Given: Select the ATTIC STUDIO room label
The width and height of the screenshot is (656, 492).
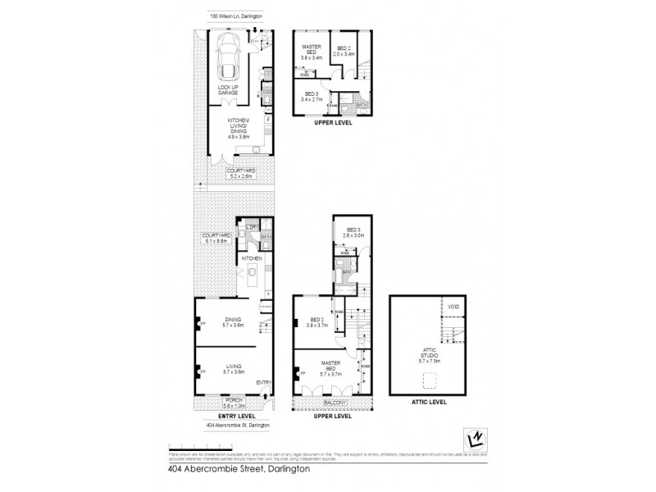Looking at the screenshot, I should point(430,353).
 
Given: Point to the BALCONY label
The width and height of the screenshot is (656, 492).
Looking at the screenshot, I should point(334,403).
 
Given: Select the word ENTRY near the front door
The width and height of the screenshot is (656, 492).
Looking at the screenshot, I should point(263,382).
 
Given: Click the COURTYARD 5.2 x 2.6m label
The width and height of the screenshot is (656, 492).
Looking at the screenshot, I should point(242,172).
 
